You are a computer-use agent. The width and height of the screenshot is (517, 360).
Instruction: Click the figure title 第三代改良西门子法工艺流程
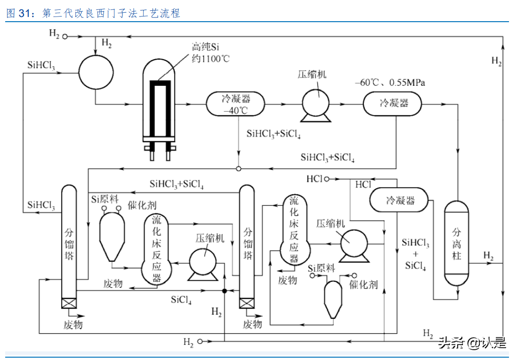click(x=111, y=13)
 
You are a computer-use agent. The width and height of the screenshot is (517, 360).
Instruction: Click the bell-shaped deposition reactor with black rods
click(x=159, y=104)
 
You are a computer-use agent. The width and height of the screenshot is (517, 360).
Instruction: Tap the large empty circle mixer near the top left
click(x=95, y=71)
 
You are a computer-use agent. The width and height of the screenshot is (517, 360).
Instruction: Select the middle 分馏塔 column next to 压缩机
click(x=247, y=245)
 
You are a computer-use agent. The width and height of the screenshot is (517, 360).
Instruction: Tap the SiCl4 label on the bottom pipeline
click(x=181, y=299)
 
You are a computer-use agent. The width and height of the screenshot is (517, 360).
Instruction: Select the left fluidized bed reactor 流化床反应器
click(x=156, y=250)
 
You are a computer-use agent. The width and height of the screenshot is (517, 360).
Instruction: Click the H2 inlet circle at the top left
click(x=65, y=36)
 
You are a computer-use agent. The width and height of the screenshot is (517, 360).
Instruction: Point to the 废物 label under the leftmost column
click(x=73, y=325)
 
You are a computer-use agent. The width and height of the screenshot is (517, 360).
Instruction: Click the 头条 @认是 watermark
click(x=472, y=343)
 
